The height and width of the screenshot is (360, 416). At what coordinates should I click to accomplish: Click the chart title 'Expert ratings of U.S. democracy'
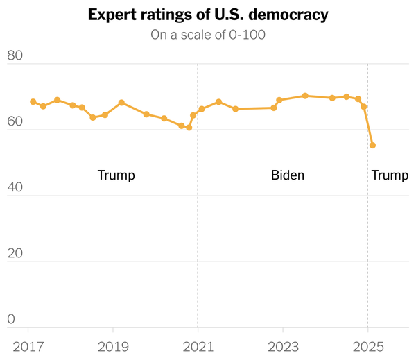[208, 15]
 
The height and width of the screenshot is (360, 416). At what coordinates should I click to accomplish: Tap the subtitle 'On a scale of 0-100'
[208, 35]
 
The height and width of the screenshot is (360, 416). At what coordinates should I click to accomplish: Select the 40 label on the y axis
[16, 188]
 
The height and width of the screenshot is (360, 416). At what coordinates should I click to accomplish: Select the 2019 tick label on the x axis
[113, 345]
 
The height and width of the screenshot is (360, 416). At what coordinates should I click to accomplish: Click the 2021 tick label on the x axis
[198, 345]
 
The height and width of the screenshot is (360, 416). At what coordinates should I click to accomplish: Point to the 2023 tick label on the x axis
[282, 345]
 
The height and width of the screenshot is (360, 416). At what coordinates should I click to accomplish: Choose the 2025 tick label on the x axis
[367, 345]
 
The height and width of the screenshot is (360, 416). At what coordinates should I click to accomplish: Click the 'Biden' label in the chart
[287, 175]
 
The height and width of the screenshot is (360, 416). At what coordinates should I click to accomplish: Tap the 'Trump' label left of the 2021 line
[116, 175]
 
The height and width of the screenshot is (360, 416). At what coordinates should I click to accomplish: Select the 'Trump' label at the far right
[390, 175]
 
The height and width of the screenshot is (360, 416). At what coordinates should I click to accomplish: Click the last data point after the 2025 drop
[373, 146]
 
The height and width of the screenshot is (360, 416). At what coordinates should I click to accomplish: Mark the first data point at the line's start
[33, 102]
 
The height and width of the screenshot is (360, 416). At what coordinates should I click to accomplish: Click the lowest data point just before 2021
[189, 128]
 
